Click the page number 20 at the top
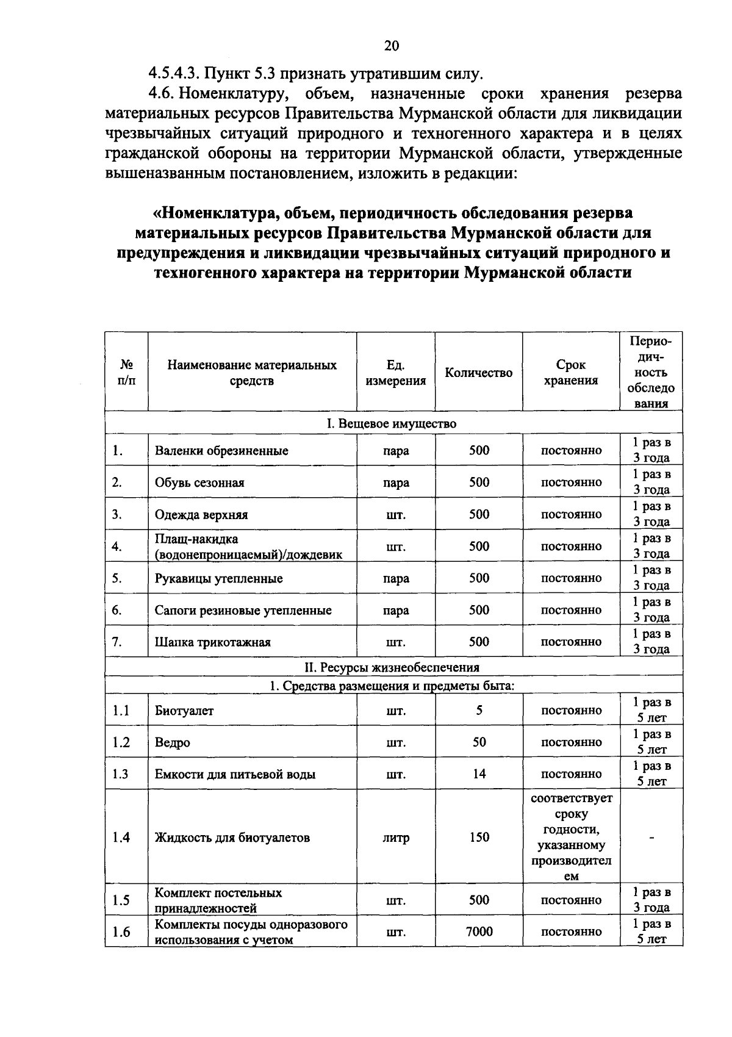pyautogui.click(x=391, y=46)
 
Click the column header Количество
pyautogui.click(x=479, y=373)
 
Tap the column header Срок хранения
pyautogui.click(x=571, y=373)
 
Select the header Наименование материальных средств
pyautogui.click(x=252, y=373)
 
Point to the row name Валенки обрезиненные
pyautogui.click(x=221, y=451)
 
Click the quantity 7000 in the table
pyautogui.click(x=479, y=931)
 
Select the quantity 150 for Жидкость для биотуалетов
pyautogui.click(x=479, y=837)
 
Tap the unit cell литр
pyautogui.click(x=396, y=838)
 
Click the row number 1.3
pyautogui.click(x=121, y=774)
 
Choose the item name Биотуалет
pyautogui.click(x=184, y=711)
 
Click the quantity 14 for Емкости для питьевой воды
pyautogui.click(x=479, y=774)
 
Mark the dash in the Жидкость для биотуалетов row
pyautogui.click(x=651, y=838)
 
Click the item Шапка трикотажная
pyautogui.click(x=212, y=642)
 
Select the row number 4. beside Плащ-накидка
pyautogui.click(x=117, y=547)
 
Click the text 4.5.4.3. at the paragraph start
pyautogui.click(x=174, y=74)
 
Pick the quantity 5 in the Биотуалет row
pyautogui.click(x=479, y=711)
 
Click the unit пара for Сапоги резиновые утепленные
pyautogui.click(x=396, y=611)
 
